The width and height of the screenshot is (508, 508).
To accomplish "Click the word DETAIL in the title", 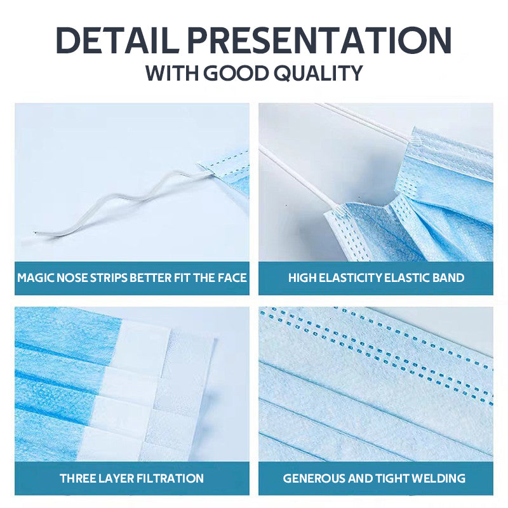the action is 117,41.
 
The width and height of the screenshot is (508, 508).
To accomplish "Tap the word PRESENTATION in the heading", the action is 319,41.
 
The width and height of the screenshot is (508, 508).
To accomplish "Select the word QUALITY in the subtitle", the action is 318,73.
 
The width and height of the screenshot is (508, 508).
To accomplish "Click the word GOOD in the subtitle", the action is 236,73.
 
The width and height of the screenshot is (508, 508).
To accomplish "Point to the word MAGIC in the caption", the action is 36,277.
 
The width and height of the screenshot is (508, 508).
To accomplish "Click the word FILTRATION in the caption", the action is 170,478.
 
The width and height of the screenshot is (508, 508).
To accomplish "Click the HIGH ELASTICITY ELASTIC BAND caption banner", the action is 376,278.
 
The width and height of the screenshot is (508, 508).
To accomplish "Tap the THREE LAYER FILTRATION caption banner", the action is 132,478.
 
